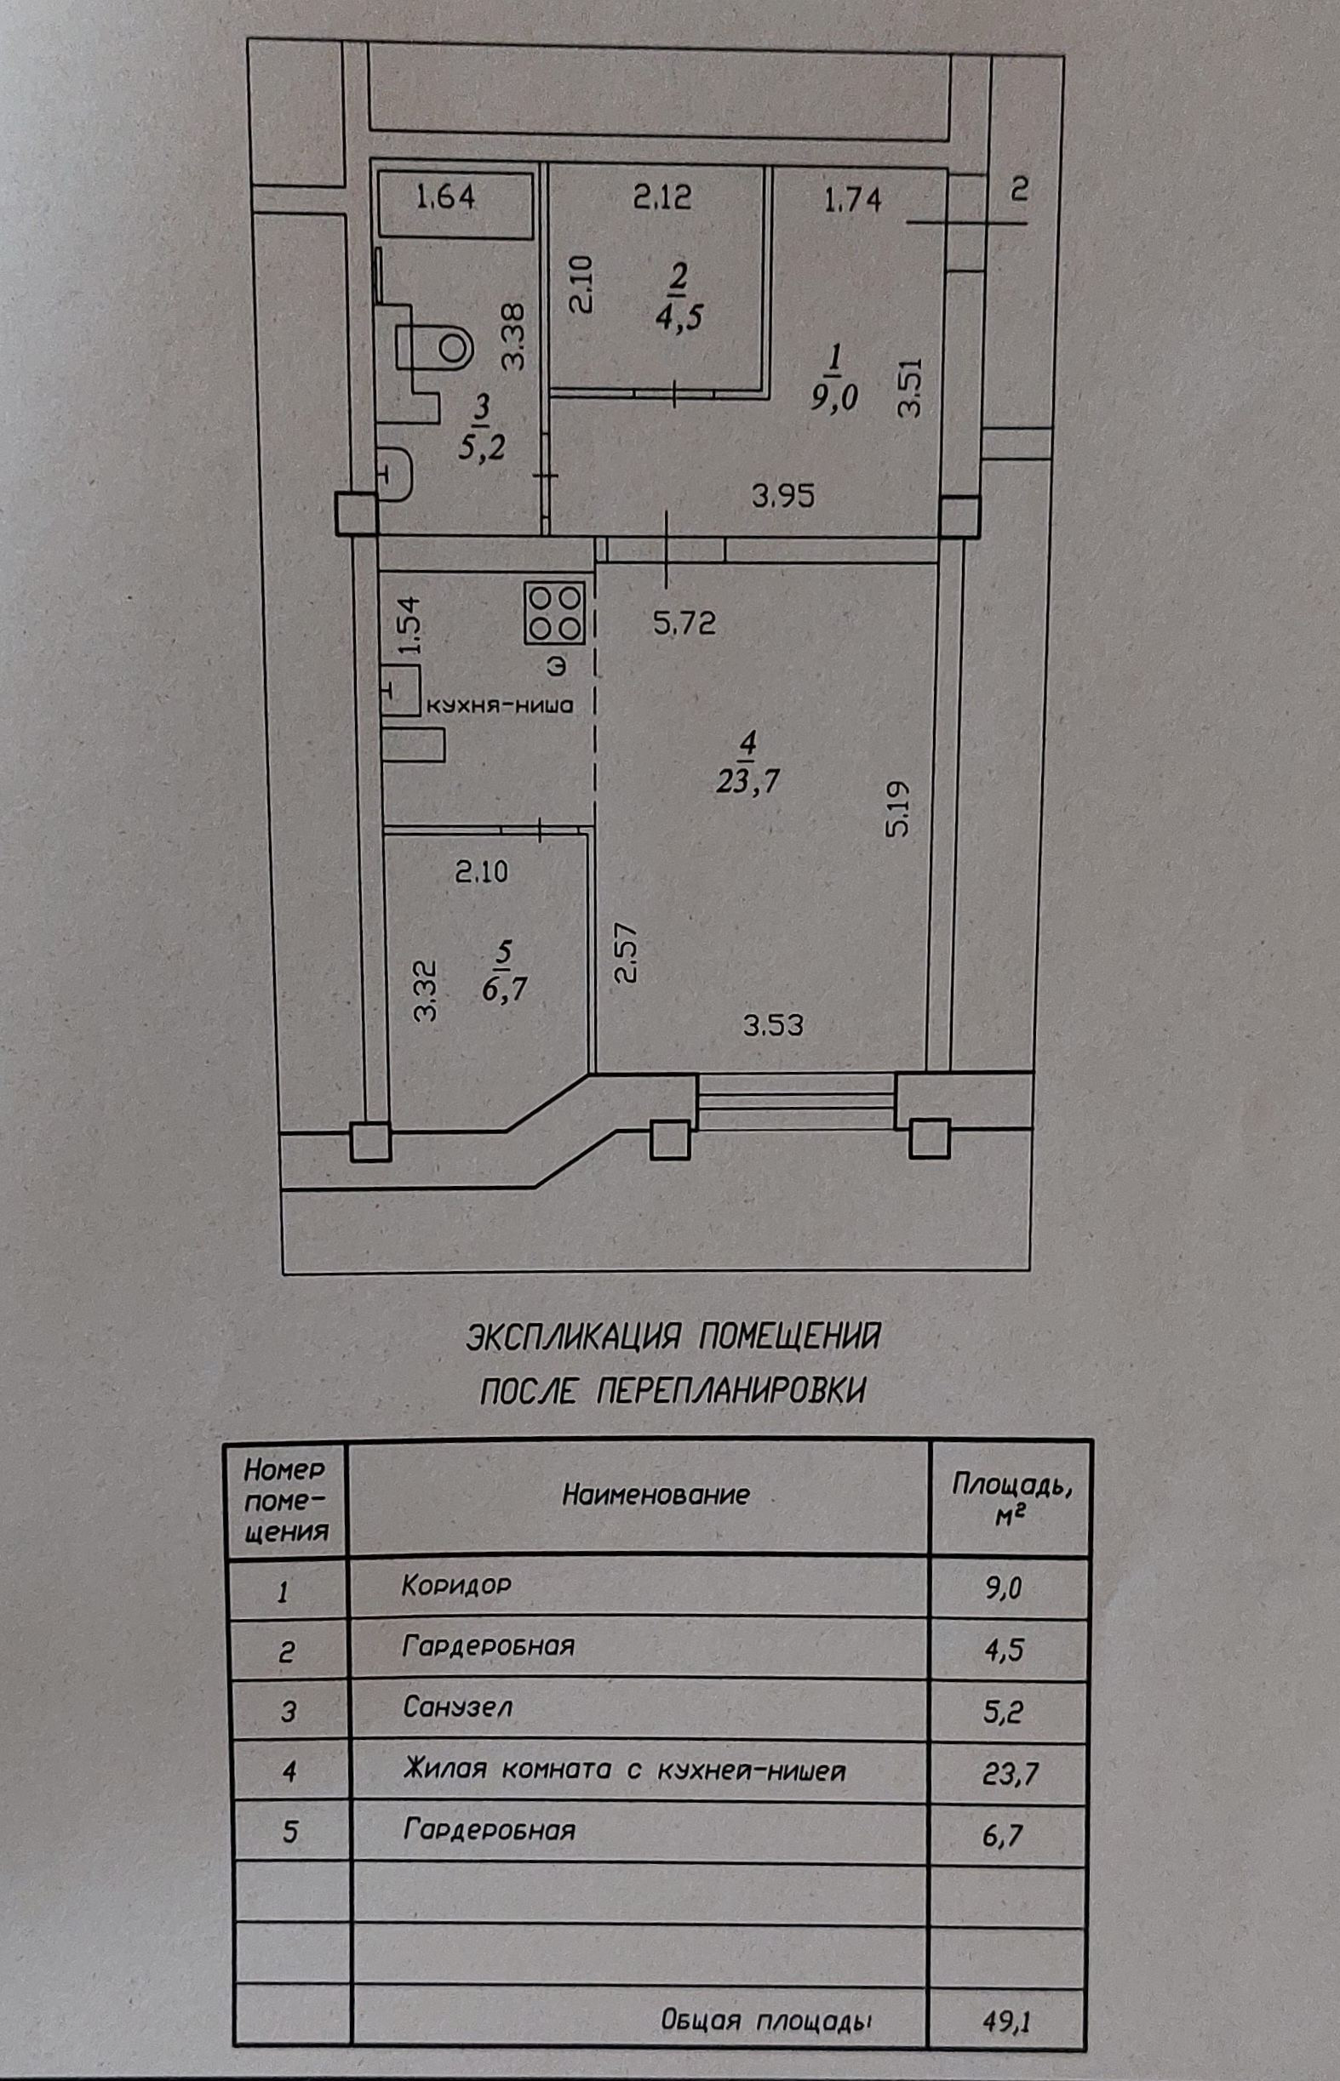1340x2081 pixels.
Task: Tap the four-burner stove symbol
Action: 554,613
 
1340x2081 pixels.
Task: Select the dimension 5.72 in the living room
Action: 684,623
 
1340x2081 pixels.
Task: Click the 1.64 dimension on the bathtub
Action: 445,197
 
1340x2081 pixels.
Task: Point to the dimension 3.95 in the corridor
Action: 783,497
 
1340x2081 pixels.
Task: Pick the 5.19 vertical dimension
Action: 898,808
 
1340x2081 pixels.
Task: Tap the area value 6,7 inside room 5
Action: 505,989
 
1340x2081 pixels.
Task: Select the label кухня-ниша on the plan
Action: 498,705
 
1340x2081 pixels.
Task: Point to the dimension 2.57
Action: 627,951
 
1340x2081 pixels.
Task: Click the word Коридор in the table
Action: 456,1584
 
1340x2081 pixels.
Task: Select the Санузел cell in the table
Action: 458,1706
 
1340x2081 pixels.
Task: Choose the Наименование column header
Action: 656,1495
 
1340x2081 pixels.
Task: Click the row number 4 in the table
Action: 289,1770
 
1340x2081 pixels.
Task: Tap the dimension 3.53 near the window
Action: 774,1025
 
